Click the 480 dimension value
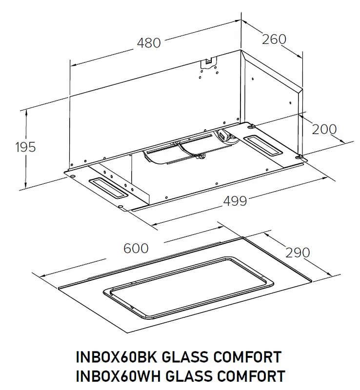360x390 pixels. (x=148, y=43)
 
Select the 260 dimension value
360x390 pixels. (x=274, y=39)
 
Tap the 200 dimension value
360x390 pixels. (x=324, y=129)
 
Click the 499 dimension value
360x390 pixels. (x=235, y=200)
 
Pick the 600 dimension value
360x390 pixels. (x=136, y=248)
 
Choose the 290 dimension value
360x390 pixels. (x=297, y=253)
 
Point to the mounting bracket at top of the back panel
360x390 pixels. (x=208, y=62)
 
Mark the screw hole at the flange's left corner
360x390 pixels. (x=72, y=174)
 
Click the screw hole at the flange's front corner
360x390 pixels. (x=120, y=207)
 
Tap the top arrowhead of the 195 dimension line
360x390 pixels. (x=26, y=112)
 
